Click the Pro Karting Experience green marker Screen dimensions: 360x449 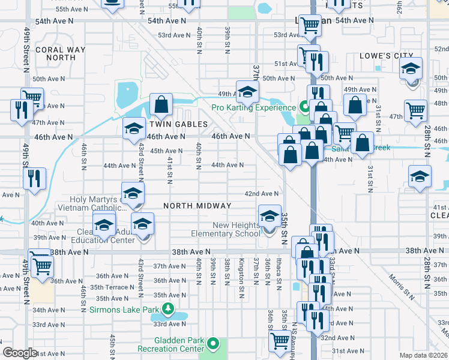pyautogui.click(x=304, y=108)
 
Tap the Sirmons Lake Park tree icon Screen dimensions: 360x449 pyautogui.click(x=169, y=310)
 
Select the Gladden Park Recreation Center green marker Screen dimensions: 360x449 pyautogui.click(x=213, y=344)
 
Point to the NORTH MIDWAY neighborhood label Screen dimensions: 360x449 pyautogui.click(x=197, y=206)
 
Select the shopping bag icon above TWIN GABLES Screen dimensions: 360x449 pyautogui.click(x=161, y=104)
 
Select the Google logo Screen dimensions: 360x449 pyautogui.click(x=20, y=353)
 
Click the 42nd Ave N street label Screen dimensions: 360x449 pyautogui.click(x=261, y=194)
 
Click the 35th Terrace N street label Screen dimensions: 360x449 pyautogui.click(x=104, y=287)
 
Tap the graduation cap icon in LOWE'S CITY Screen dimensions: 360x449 pyautogui.click(x=411, y=68)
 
